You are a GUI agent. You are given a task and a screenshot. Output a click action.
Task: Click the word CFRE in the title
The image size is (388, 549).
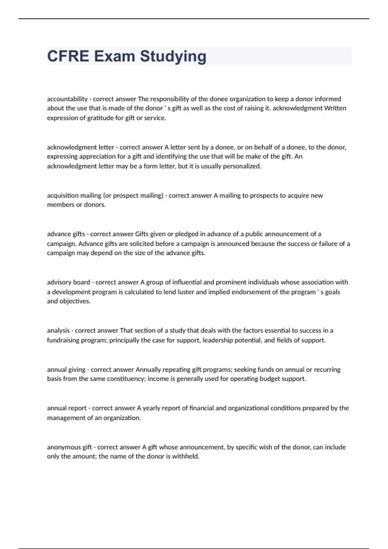click(68, 56)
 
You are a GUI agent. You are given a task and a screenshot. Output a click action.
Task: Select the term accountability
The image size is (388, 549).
click(67, 99)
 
